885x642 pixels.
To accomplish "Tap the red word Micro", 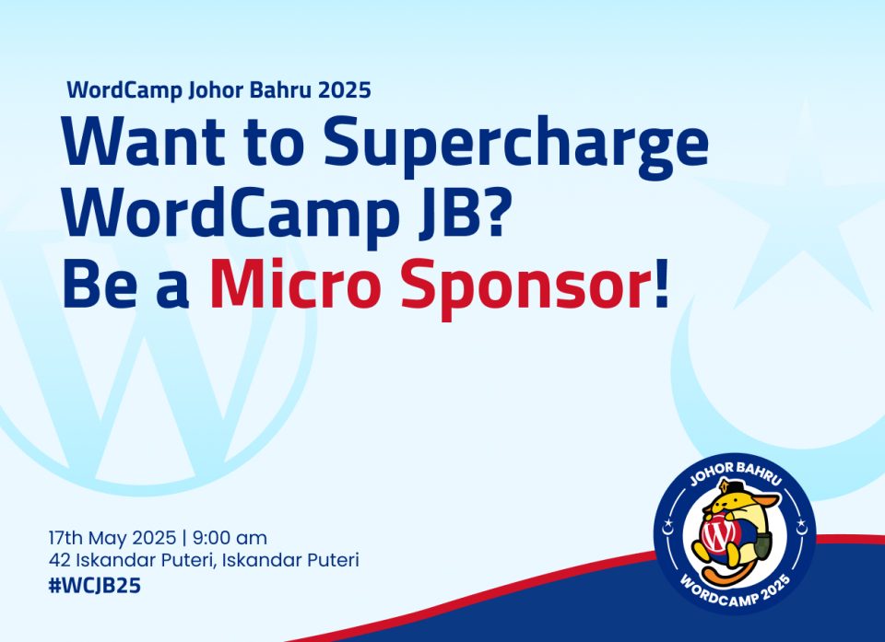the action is click(292, 283).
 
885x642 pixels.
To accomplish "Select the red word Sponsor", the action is click(522, 288).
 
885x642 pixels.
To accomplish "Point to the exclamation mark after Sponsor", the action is click(660, 283).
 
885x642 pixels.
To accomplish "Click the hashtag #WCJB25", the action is click(94, 586).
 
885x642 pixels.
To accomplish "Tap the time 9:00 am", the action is click(230, 538).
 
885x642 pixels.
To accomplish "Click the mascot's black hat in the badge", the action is click(735, 487).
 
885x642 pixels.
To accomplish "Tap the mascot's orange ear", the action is click(768, 500).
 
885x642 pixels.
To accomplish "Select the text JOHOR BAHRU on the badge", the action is click(736, 473).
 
